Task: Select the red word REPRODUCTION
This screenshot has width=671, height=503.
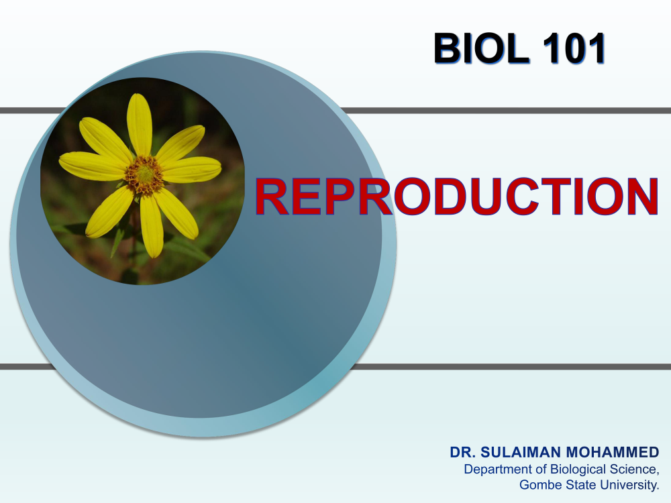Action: click(x=456, y=197)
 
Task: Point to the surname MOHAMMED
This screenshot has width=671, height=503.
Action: click(x=613, y=452)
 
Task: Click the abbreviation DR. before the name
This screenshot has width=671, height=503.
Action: click(x=462, y=452)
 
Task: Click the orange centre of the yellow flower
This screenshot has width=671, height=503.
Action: click(x=144, y=175)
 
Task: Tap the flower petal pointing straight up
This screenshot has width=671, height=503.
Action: click(x=140, y=125)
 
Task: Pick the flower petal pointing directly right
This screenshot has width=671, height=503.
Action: click(x=192, y=170)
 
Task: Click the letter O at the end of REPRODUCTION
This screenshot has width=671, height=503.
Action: click(x=603, y=197)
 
